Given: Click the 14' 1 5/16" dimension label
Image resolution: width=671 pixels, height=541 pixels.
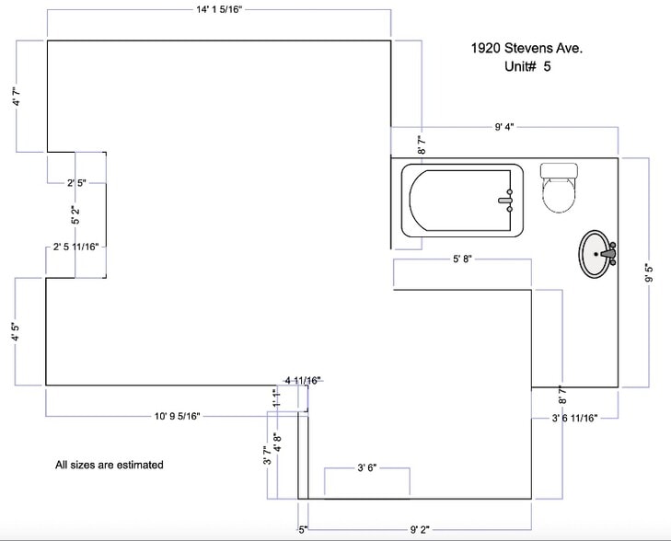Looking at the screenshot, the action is point(219,9).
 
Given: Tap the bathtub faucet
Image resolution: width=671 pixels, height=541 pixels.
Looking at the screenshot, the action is point(506,201).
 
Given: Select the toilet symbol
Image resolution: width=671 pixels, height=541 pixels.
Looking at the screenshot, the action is point(559,188).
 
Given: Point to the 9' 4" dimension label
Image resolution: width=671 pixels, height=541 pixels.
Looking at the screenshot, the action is point(504,127).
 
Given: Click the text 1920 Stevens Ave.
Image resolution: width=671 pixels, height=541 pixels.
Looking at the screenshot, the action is point(526,48).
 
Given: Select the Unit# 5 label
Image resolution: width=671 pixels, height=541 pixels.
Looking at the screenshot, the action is point(527,66).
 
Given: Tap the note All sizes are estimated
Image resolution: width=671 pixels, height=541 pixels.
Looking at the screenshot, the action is point(110,465).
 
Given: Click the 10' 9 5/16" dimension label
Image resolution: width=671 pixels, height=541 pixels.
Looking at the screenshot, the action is point(177,416).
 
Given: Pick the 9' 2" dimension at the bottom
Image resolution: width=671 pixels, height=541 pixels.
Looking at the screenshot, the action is point(420,530).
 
